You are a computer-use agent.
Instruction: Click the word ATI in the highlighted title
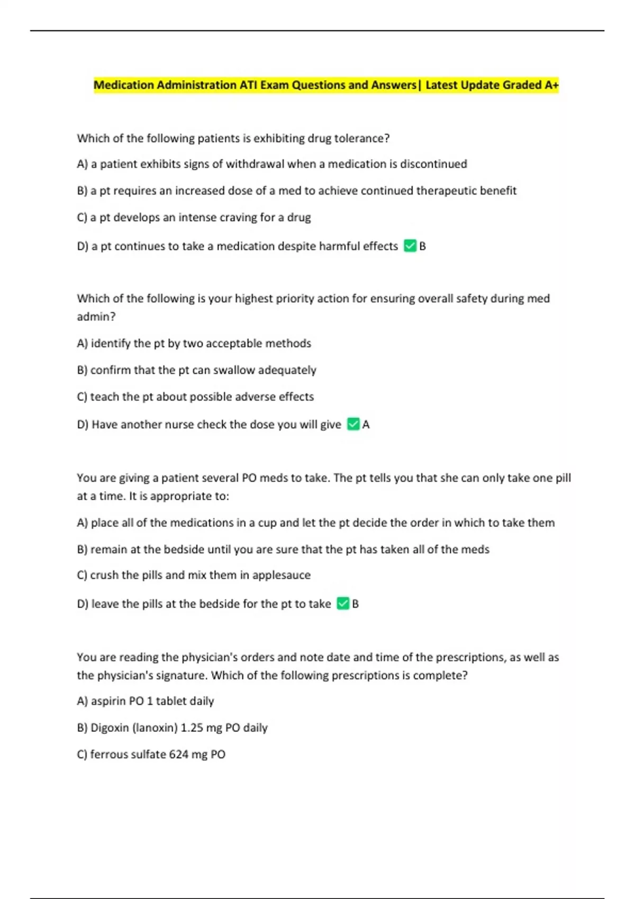click(248, 85)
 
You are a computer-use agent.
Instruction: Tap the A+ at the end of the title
click(551, 85)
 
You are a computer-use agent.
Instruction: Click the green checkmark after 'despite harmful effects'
click(410, 246)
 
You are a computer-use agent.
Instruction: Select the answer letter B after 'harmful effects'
click(422, 246)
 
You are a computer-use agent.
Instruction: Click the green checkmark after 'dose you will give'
click(353, 424)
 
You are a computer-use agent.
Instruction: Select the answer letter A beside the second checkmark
click(366, 425)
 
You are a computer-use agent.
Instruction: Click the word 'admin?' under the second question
click(96, 317)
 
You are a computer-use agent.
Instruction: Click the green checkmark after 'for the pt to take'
click(343, 603)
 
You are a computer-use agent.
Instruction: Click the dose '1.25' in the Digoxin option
click(192, 728)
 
